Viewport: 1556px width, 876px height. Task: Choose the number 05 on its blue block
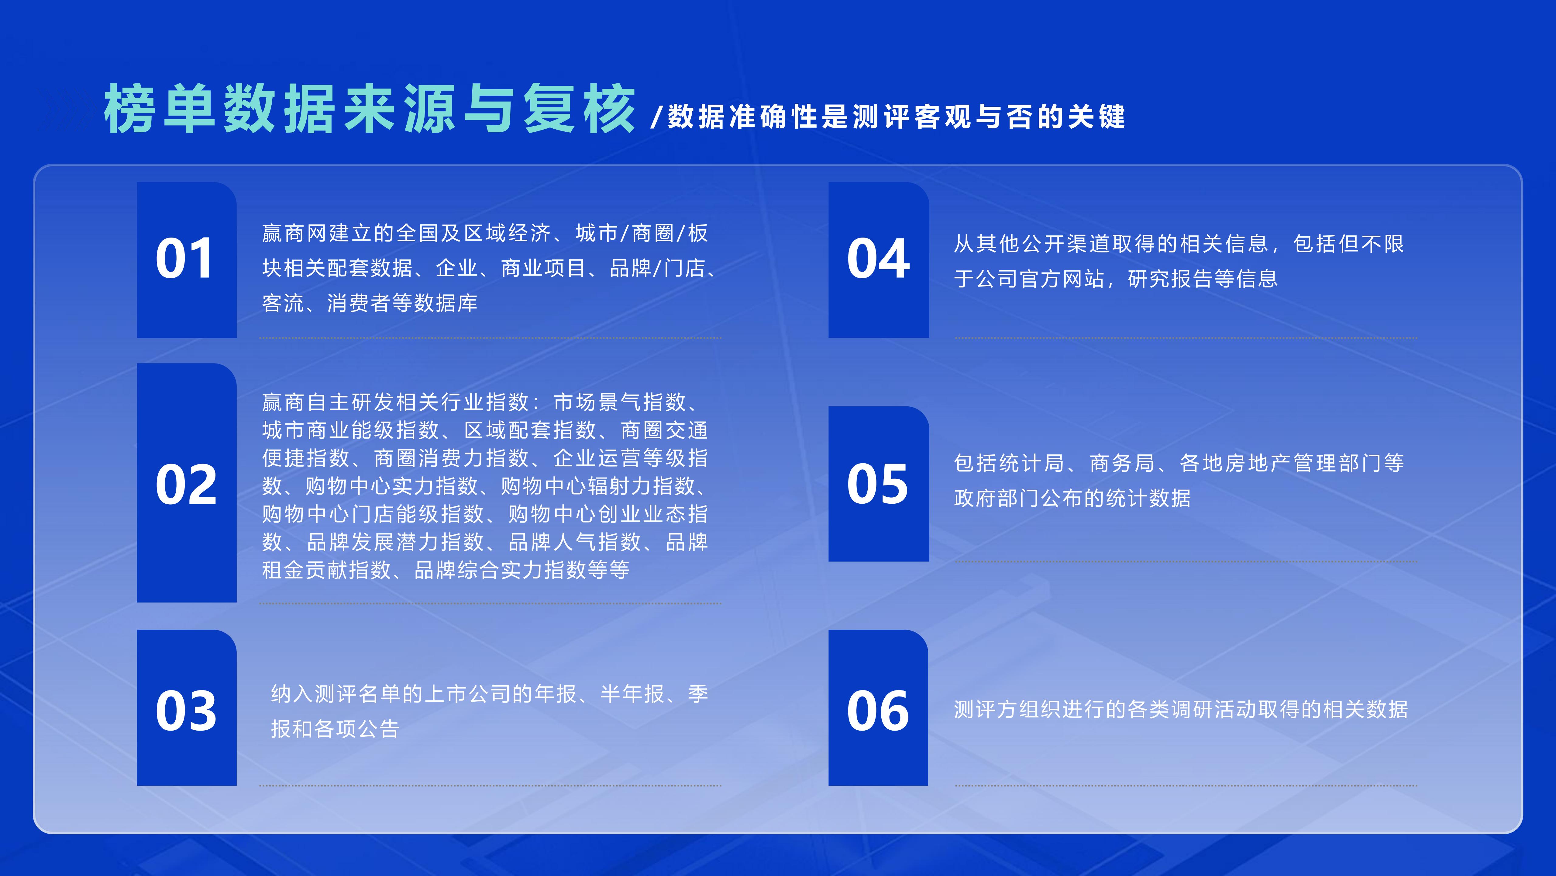pyautogui.click(x=878, y=484)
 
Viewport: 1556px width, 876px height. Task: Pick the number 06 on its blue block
pyautogui.click(x=878, y=711)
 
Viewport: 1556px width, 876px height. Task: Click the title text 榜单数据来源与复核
pyautogui.click(x=370, y=109)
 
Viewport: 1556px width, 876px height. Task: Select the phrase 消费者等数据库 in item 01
pyautogui.click(x=402, y=303)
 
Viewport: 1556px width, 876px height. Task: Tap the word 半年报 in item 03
pyautogui.click(x=632, y=694)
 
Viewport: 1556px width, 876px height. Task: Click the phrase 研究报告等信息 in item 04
pyautogui.click(x=1203, y=279)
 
